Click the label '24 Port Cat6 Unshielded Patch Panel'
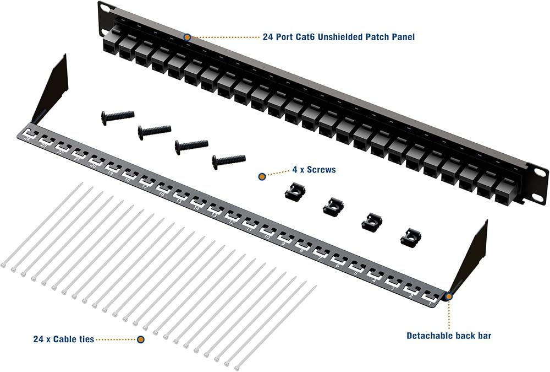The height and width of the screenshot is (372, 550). click(x=339, y=37)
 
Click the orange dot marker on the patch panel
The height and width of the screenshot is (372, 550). click(x=188, y=37)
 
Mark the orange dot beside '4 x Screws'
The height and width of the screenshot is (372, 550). click(x=262, y=176)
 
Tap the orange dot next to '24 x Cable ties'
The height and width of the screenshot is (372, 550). click(x=141, y=339)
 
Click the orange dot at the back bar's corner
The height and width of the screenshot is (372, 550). click(x=449, y=296)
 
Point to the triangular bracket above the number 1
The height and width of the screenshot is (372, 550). click(x=474, y=254)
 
